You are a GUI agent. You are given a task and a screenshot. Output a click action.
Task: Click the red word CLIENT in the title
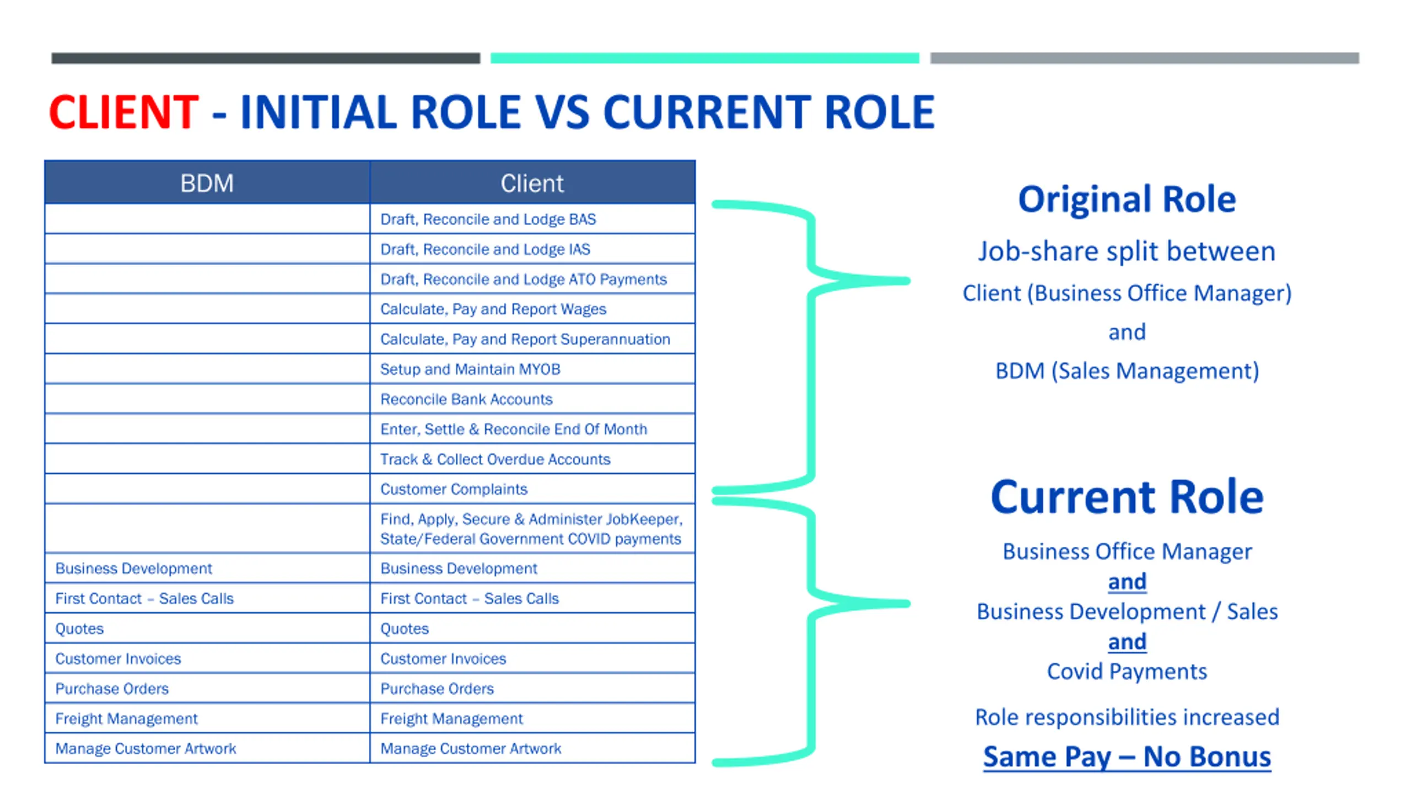(123, 112)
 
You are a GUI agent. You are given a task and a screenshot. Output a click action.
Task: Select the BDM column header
(207, 183)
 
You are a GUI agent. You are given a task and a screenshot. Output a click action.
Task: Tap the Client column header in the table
(532, 183)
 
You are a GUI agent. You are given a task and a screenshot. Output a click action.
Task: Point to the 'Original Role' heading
(1127, 199)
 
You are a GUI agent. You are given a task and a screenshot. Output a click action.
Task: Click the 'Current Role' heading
(1127, 497)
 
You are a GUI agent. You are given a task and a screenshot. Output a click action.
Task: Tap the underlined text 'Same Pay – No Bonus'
(1127, 757)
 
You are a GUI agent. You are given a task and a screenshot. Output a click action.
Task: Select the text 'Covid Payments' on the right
(1127, 672)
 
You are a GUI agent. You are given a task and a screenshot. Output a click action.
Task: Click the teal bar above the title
(704, 58)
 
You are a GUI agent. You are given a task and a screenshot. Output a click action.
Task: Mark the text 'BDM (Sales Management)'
(1127, 371)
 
